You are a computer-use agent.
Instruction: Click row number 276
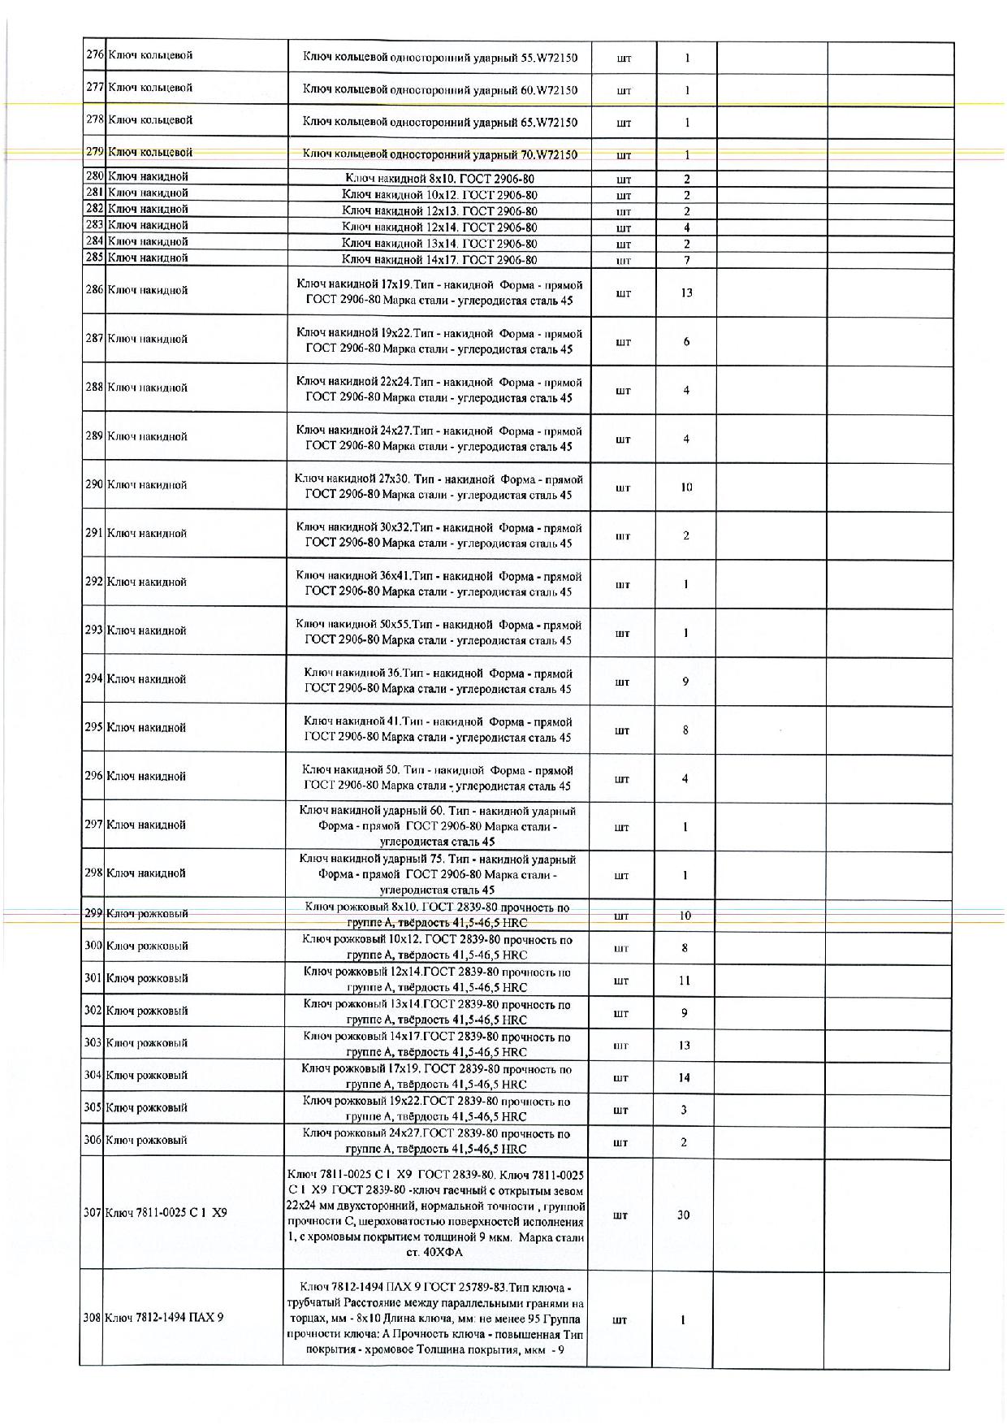click(94, 55)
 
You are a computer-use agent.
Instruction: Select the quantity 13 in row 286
click(686, 292)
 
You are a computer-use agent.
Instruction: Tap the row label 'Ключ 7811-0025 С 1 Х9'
click(166, 1212)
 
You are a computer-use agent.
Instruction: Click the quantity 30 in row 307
click(683, 1215)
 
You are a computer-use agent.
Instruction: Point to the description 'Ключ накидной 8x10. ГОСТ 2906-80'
click(439, 179)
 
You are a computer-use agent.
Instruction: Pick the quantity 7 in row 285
click(686, 260)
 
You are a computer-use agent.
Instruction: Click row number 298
click(93, 873)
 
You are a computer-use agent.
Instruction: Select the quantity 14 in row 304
click(684, 1077)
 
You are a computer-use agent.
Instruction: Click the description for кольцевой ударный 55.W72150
click(439, 58)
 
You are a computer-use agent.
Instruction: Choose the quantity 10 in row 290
click(686, 487)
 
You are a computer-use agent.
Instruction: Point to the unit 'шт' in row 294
click(622, 682)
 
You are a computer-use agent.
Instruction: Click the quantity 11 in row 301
click(684, 981)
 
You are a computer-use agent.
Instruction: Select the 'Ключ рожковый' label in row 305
click(147, 1107)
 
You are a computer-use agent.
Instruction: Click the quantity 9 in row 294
click(685, 682)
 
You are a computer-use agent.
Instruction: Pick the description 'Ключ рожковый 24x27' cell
click(436, 1141)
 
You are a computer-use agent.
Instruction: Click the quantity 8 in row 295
click(685, 730)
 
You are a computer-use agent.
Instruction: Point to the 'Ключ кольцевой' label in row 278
click(150, 120)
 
